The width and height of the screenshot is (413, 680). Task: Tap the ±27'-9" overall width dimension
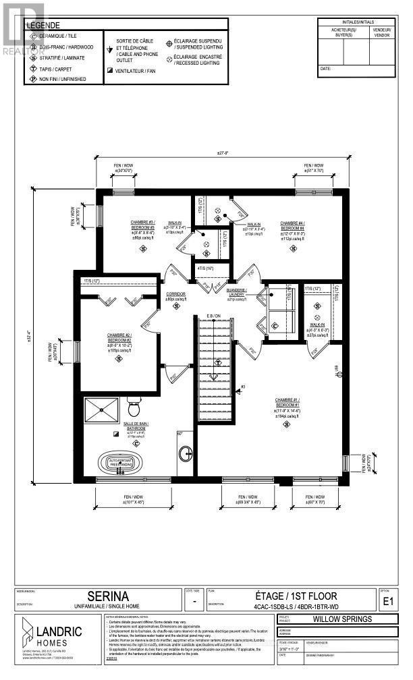click(x=223, y=153)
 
